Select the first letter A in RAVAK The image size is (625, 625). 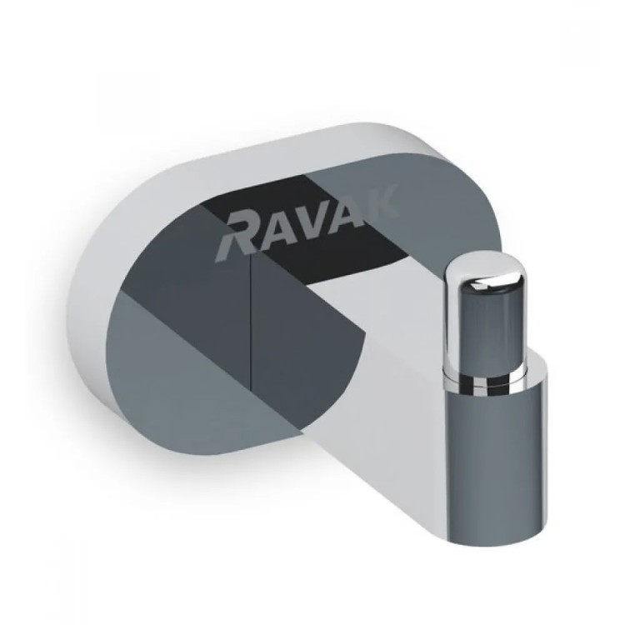tap(275, 230)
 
